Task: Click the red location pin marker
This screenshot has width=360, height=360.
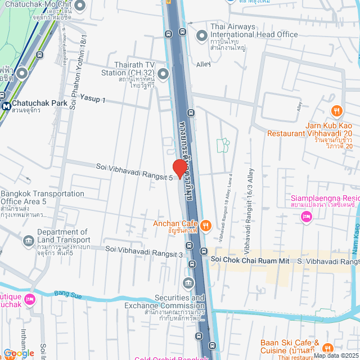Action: (x=179, y=168)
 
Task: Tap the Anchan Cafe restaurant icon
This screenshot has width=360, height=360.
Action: (x=206, y=226)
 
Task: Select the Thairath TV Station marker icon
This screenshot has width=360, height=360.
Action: (x=163, y=74)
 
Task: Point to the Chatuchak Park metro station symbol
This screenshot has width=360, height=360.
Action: (x=6, y=105)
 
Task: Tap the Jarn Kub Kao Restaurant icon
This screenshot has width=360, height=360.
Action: (x=337, y=110)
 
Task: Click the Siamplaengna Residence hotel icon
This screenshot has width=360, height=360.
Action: (x=307, y=217)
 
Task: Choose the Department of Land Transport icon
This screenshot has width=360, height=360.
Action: (x=28, y=241)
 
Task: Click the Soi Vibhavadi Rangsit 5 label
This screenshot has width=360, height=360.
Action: (x=133, y=168)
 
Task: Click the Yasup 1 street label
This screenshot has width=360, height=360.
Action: (x=92, y=99)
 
